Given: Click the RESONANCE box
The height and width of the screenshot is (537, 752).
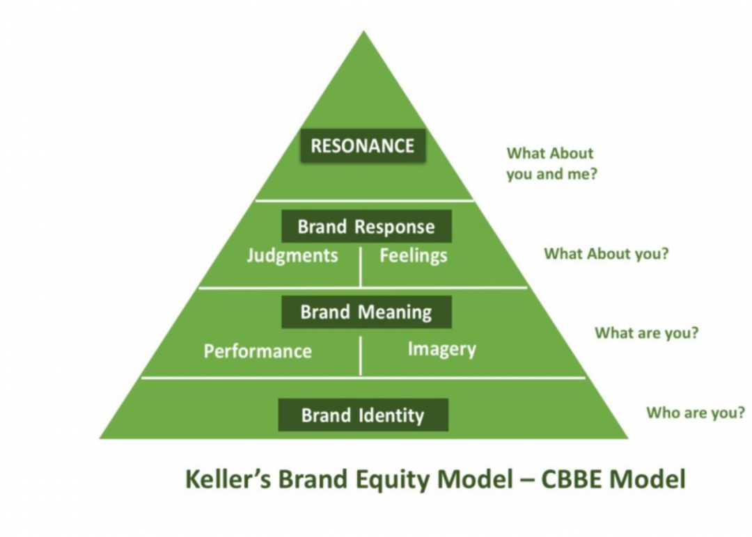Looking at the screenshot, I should coord(362,145).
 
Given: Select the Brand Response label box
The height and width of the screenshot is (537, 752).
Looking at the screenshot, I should coord(366,227).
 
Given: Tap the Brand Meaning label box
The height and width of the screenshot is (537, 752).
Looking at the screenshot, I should coord(366,312).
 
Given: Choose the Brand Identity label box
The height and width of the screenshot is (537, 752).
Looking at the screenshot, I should coord(363,415).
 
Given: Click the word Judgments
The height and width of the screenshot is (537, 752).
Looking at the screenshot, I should coord(292,256).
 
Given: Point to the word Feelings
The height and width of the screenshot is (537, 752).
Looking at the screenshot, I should coord(413,256).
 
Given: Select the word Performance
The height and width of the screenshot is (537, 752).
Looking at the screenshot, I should coord(258,351).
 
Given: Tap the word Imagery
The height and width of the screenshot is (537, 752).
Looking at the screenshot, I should coord(441,348).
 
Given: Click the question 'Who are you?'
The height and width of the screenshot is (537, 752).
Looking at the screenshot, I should coord(695,412).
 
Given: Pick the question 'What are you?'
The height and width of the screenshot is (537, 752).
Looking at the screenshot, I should coord(646,332).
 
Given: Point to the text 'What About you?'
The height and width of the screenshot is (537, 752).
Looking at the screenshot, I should coord(606,253).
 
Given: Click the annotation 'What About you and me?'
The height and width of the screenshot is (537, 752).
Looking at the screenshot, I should coord(551,163).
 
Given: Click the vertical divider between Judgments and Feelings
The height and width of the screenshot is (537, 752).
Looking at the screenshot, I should coord(361,266).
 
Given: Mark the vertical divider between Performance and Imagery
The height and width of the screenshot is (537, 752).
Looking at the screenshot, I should coord(361,355).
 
